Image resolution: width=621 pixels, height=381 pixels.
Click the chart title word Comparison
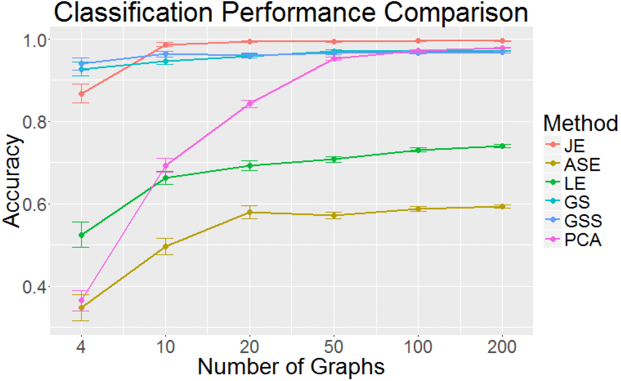coord(456,13)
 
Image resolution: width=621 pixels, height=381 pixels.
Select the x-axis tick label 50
coord(334,347)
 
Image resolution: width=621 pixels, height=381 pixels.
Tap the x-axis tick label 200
coord(502,347)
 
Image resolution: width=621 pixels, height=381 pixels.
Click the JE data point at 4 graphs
coord(81,94)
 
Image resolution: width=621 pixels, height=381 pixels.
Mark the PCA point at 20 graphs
coord(250,104)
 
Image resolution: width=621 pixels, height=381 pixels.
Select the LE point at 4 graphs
coord(81,235)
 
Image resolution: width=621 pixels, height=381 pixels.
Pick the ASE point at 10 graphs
coord(165,246)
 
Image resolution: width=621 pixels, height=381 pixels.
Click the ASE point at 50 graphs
coord(334,215)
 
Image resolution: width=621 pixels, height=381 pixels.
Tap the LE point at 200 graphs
coord(502,146)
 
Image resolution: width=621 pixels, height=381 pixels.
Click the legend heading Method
coord(580,123)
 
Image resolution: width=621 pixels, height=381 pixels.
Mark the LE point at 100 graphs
coord(418,150)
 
